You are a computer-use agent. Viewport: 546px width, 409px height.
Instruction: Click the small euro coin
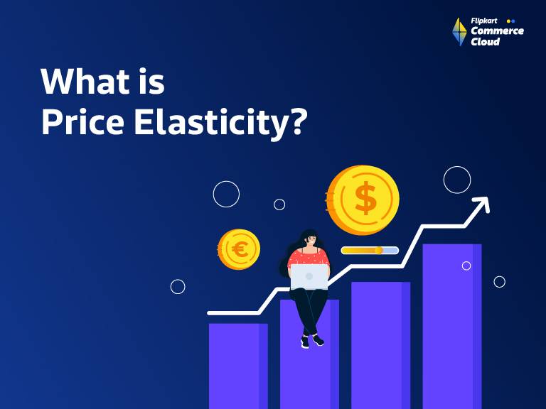tap(239, 249)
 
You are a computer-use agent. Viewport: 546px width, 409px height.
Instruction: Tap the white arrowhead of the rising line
tap(481, 205)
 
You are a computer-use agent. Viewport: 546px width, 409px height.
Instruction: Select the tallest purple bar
tap(451, 327)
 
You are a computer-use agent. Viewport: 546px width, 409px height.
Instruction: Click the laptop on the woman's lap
tap(309, 277)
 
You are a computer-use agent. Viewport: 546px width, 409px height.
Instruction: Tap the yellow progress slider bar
tap(369, 251)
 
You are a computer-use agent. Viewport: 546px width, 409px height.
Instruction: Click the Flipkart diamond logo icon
tap(459, 32)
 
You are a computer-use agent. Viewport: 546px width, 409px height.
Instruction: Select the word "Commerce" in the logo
tap(498, 31)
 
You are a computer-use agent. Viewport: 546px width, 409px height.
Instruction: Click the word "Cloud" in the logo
tap(486, 42)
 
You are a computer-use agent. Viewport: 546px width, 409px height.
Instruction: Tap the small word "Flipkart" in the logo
tap(484, 21)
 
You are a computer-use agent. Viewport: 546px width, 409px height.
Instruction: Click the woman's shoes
tap(311, 341)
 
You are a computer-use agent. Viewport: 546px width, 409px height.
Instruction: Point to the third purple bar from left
tap(380, 344)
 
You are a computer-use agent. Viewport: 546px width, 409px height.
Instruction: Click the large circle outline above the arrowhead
tap(457, 180)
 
